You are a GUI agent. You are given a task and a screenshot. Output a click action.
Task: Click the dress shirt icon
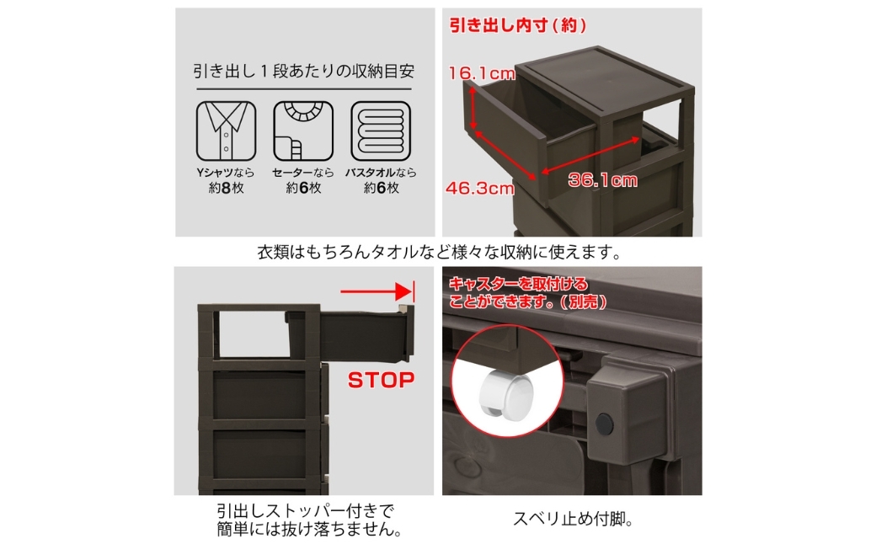pyautogui.click(x=227, y=131)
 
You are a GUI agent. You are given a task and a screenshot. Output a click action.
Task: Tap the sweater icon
pyautogui.click(x=303, y=131)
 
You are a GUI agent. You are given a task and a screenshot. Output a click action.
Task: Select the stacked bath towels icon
pyautogui.click(x=381, y=131)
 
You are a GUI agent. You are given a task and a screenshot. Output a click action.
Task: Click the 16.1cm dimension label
pyautogui.click(x=482, y=73)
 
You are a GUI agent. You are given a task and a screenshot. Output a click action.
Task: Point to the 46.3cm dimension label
pyautogui.click(x=480, y=189)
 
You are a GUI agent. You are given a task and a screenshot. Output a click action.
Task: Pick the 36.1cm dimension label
pyautogui.click(x=603, y=180)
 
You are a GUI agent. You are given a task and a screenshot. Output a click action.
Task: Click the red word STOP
pyautogui.click(x=381, y=381)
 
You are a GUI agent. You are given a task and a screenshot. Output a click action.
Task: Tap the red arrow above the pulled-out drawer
pyautogui.click(x=377, y=291)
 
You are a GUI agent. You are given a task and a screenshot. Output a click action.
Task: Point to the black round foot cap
pyautogui.click(x=604, y=424)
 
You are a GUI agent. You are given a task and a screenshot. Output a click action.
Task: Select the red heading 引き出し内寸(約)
pyautogui.click(x=518, y=25)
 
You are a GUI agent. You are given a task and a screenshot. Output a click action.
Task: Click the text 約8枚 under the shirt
pyautogui.click(x=227, y=189)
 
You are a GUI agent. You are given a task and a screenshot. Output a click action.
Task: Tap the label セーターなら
pyautogui.click(x=303, y=173)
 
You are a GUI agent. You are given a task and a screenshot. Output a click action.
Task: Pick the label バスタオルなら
pyautogui.click(x=381, y=173)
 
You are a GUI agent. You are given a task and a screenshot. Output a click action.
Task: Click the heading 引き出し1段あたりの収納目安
pyautogui.click(x=304, y=72)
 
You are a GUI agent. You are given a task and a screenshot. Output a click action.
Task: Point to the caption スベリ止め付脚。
pyautogui.click(x=574, y=520)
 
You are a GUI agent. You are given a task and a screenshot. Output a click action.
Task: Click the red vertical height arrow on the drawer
pyautogui.click(x=473, y=109)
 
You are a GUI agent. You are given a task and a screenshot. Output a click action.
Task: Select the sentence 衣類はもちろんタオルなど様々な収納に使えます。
pyautogui.click(x=440, y=253)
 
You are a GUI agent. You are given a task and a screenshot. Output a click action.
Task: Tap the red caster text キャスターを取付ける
pyautogui.click(x=519, y=284)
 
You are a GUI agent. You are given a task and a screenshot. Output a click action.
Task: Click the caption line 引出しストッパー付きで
pyautogui.click(x=306, y=510)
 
